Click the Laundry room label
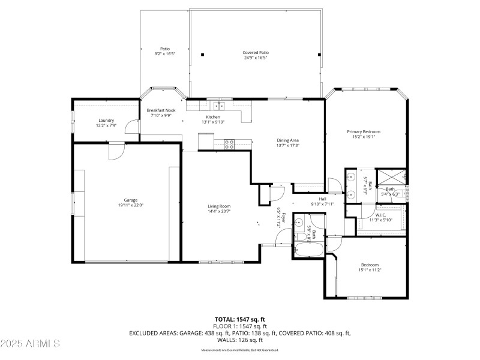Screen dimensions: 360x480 106,121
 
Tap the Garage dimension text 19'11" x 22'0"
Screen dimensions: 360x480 130,205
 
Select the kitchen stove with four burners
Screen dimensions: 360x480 229,144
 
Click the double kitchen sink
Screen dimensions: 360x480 220,106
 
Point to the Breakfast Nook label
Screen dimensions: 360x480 161,110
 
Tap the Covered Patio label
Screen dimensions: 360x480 255,52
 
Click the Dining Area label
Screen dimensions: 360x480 287,140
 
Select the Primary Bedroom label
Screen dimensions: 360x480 363,131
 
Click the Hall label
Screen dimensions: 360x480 322,199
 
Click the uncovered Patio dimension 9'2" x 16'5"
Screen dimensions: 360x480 164,54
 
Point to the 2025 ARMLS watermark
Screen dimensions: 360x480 30,343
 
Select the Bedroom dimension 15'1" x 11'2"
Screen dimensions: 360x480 370,270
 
